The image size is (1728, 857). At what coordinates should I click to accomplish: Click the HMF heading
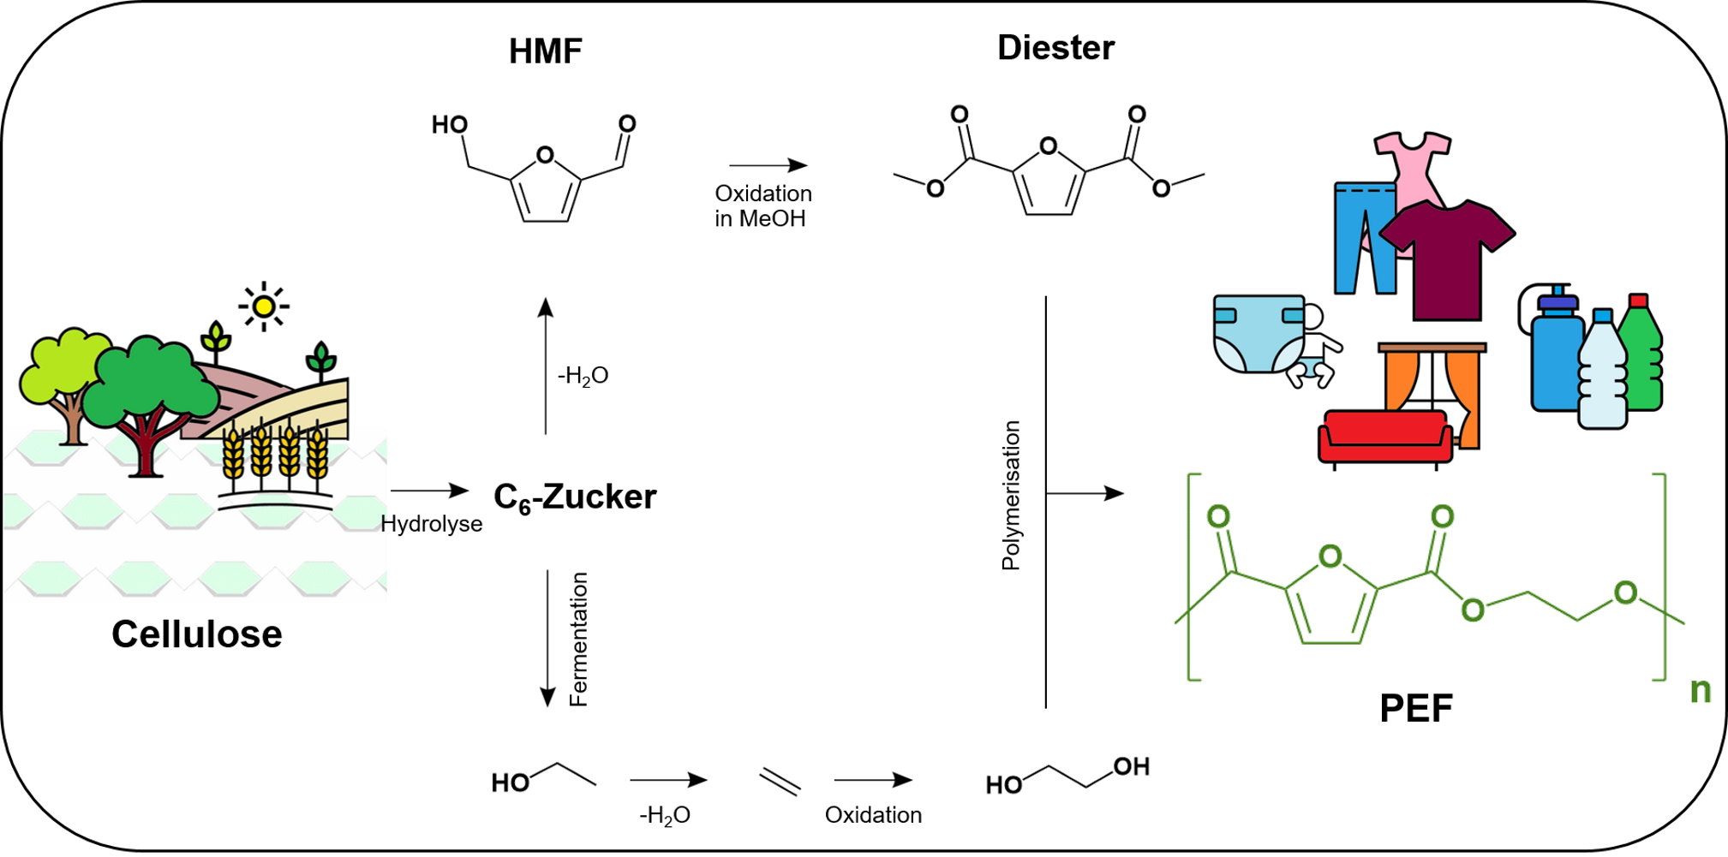(545, 51)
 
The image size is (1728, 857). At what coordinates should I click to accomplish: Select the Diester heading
(1055, 47)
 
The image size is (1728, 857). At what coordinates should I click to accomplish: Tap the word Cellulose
(196, 634)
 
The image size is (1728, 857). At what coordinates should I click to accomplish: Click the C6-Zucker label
(575, 497)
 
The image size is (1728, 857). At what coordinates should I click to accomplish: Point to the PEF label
(1415, 708)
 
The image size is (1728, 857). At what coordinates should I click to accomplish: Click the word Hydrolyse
(431, 524)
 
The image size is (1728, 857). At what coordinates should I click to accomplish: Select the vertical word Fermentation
(579, 640)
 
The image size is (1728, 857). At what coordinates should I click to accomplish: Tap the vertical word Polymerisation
(1012, 496)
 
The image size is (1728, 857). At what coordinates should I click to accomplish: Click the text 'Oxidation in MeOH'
(762, 205)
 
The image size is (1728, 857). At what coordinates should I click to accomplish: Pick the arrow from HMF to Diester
(768, 164)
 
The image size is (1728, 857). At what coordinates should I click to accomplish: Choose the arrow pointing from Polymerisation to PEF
(1085, 493)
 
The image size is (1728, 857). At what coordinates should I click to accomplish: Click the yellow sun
(264, 306)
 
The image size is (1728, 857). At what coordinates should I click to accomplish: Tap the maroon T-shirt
(1448, 257)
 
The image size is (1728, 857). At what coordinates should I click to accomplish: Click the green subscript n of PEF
(1700, 689)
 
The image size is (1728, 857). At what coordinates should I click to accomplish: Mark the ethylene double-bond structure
(780, 781)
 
